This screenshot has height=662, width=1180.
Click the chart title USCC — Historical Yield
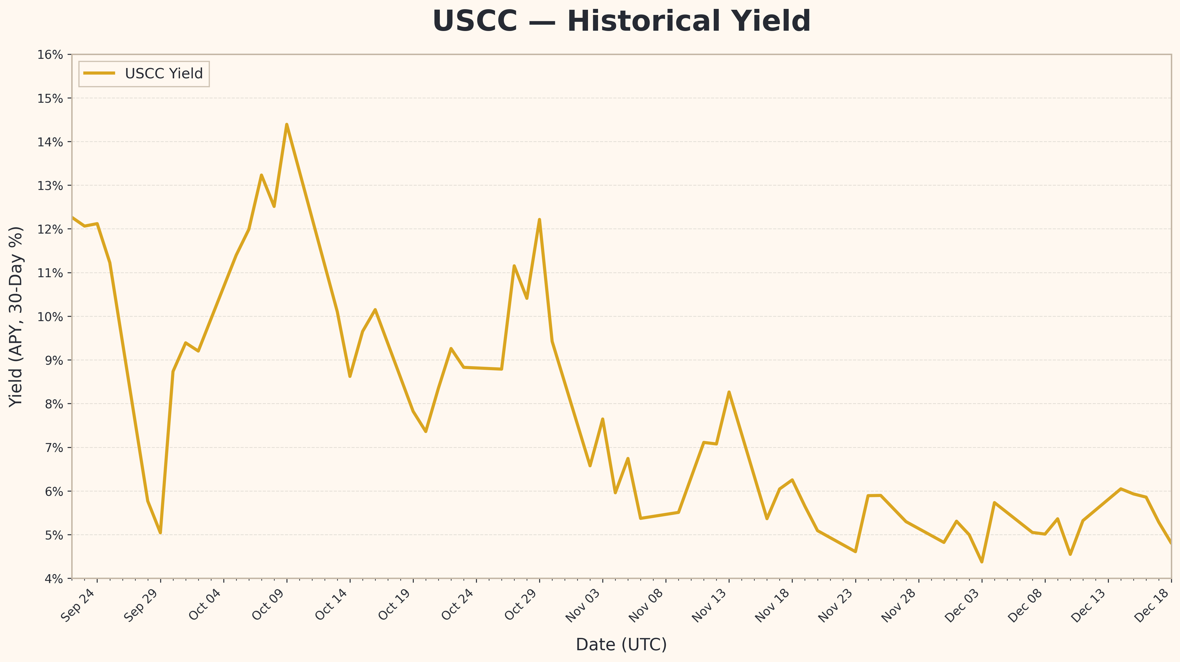click(x=621, y=22)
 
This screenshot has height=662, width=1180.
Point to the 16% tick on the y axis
click(x=50, y=55)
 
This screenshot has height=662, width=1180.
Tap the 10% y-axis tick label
click(x=50, y=317)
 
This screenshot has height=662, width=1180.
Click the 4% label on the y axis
click(x=53, y=579)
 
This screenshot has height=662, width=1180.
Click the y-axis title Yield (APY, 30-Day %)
click(x=16, y=317)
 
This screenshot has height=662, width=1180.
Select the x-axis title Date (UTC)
click(x=621, y=644)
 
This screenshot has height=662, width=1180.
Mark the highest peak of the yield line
click(x=287, y=125)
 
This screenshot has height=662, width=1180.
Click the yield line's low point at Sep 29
click(x=160, y=532)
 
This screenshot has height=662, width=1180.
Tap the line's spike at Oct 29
click(x=539, y=220)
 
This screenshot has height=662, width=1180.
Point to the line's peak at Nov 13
click(x=729, y=392)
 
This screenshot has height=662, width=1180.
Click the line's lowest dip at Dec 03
click(x=982, y=562)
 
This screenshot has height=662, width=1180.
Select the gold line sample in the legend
click(x=99, y=73)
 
